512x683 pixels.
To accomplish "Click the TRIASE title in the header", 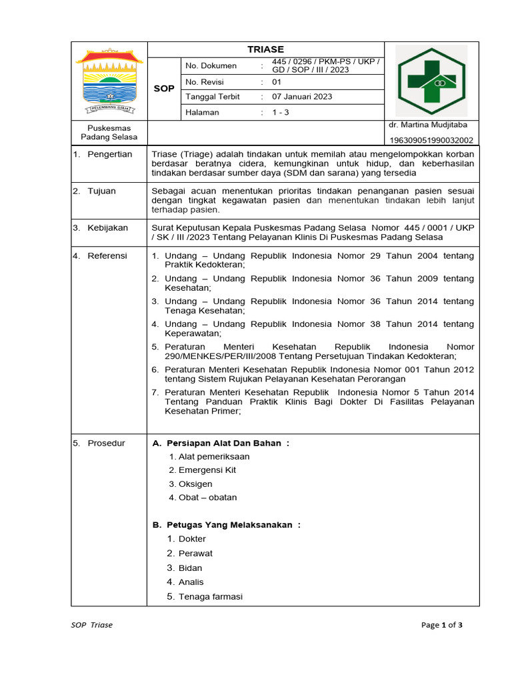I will point(265,49).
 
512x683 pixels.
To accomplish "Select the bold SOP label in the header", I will point(164,89).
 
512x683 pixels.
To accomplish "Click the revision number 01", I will point(277,82).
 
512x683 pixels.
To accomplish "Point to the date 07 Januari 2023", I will point(301,97).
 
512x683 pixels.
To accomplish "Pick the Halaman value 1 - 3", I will point(280,112).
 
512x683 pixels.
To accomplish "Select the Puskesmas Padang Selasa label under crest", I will point(109,132).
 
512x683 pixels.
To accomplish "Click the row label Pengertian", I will point(109,154).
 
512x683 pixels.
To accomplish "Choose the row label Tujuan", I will point(101,191).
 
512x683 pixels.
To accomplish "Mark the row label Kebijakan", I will point(107,228).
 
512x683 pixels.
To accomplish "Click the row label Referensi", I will point(107,256).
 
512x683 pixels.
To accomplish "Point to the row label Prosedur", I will point(106,444).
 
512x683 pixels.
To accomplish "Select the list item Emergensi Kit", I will point(207,470).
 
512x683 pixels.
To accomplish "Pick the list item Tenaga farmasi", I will point(210,596).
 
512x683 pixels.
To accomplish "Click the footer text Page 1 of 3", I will point(441,625).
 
